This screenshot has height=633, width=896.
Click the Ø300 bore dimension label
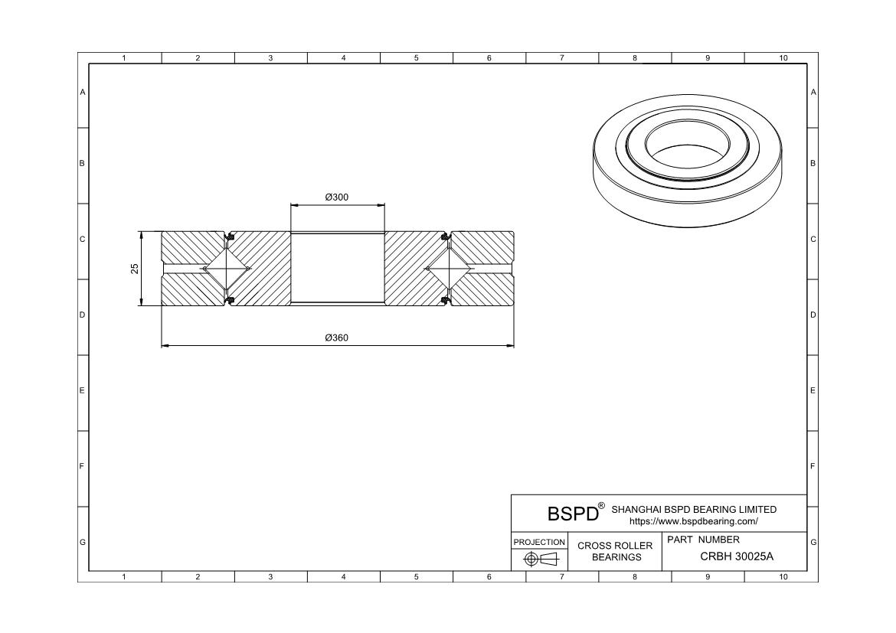[337, 197]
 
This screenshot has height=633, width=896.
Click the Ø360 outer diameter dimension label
[337, 338]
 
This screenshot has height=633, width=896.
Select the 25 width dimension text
[135, 269]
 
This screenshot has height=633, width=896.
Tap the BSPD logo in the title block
[572, 514]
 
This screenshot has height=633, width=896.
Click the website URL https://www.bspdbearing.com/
[693, 521]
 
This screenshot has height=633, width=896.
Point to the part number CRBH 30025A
[737, 556]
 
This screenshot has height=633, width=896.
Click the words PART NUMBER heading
[703, 540]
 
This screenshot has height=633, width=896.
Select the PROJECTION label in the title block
[539, 542]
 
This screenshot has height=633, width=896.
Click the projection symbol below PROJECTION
[539, 560]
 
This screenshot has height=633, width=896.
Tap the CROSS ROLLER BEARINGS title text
[615, 551]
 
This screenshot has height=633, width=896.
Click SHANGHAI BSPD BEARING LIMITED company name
[694, 509]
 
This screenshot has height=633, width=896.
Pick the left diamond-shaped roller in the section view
[227, 269]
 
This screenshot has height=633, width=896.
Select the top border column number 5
[416, 58]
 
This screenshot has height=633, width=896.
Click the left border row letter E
[83, 390]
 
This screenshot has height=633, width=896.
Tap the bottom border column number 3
[270, 577]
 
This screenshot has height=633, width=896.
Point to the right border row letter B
[813, 163]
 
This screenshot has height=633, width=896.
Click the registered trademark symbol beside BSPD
[601, 506]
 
